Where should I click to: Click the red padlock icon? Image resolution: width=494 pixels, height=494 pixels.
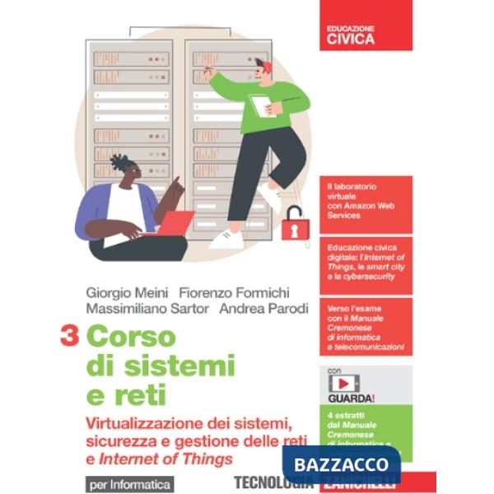point(293,224)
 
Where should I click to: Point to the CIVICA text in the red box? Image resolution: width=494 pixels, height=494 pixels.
point(350,38)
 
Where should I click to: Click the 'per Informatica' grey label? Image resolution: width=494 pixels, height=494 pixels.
point(127,483)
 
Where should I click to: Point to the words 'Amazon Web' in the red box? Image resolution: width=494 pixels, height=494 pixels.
point(361,207)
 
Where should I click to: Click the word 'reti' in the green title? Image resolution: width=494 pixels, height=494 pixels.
point(125,394)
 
